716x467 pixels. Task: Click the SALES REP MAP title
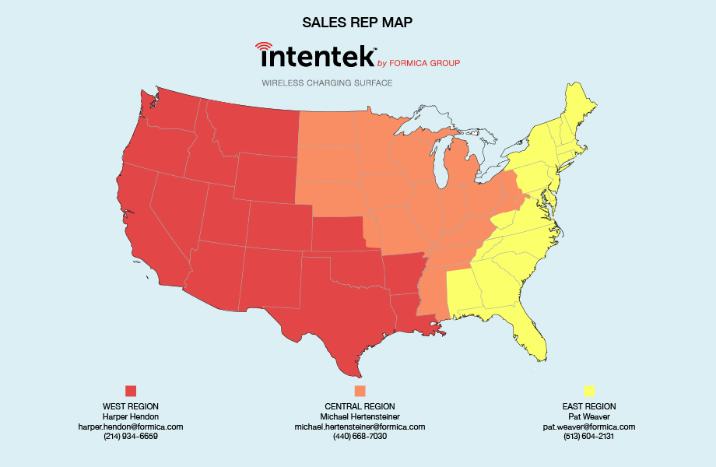[x=357, y=22]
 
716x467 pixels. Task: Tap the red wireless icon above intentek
[x=265, y=47]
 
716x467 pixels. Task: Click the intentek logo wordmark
[x=315, y=57]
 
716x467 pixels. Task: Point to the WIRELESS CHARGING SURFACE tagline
[x=327, y=83]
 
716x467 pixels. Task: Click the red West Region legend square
[x=131, y=391]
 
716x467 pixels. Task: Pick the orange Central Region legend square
[x=360, y=391]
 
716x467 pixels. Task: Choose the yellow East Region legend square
[x=589, y=391]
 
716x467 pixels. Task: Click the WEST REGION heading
[x=131, y=406]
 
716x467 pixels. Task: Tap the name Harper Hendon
[x=131, y=416]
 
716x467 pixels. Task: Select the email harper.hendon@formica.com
[x=131, y=427]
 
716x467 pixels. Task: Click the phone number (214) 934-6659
[x=131, y=437]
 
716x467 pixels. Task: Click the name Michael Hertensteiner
[x=360, y=416]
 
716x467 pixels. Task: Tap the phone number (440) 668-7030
[x=360, y=437]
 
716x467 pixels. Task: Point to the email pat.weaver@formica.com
[x=589, y=427]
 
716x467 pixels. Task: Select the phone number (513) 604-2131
[x=589, y=437]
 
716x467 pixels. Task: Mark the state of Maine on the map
[x=580, y=105]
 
